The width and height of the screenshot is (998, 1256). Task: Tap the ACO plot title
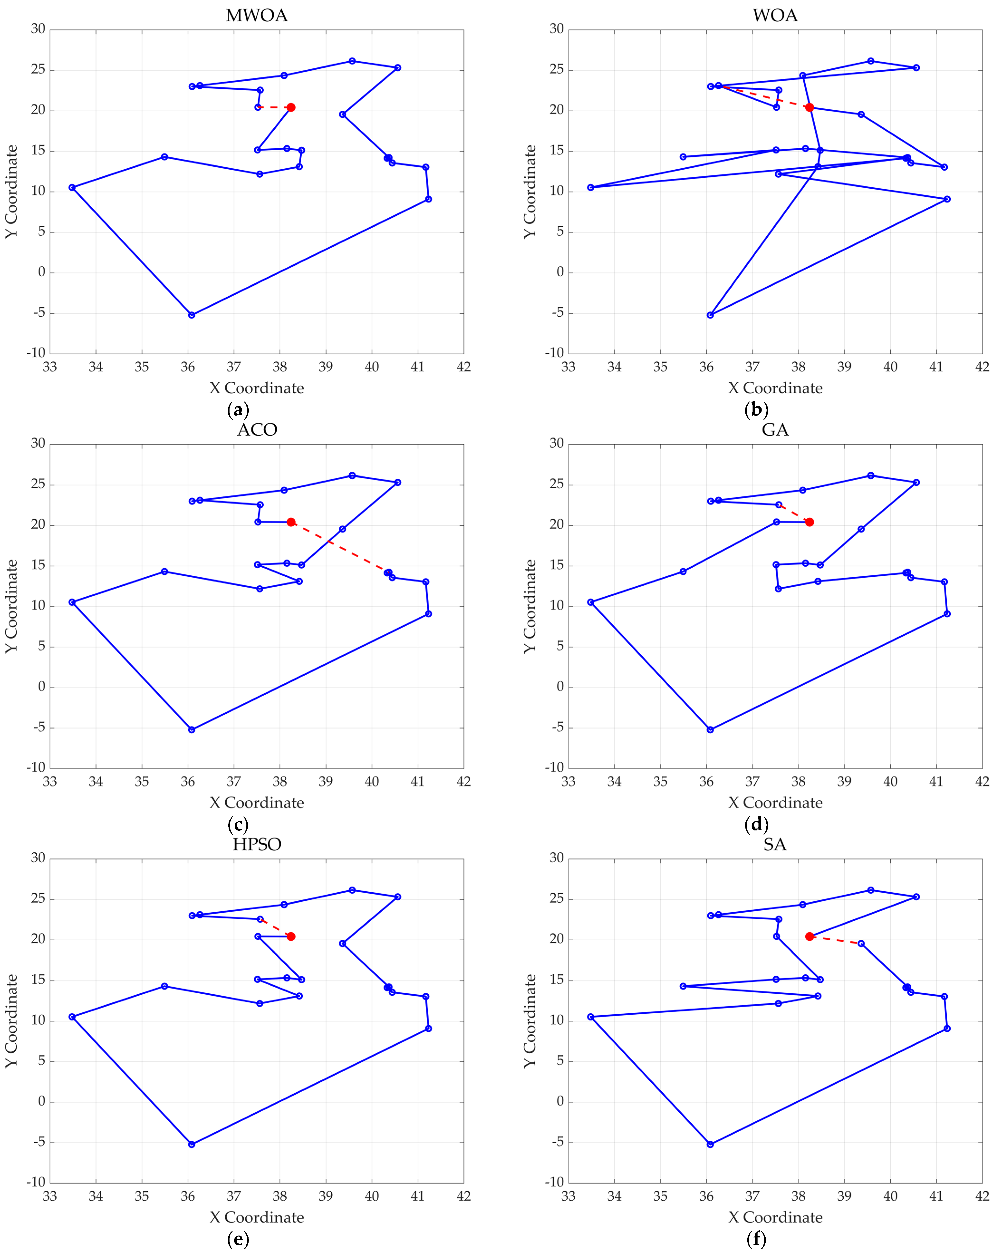coord(257,430)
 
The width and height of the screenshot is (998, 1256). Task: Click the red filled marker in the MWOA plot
coord(291,107)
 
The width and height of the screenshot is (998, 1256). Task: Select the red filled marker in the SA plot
coord(809,936)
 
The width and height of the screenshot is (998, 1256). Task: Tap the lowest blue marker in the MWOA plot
coord(192,315)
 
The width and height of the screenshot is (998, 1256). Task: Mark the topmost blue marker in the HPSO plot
coord(352,890)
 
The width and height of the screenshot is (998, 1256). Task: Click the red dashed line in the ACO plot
coord(340,548)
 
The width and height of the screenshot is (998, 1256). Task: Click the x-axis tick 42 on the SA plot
coord(982,1196)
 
